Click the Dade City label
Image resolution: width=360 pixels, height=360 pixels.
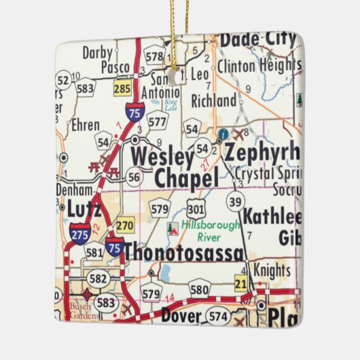point(257,40)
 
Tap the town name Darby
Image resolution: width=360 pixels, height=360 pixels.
point(97,52)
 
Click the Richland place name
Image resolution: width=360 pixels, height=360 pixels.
point(214,101)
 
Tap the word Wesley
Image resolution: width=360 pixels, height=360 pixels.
point(162,156)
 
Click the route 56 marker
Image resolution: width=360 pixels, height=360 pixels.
point(134,177)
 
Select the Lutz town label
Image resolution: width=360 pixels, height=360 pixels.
point(84,211)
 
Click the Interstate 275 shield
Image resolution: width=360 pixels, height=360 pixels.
point(79,232)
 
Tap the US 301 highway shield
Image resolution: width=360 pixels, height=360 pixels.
point(198,207)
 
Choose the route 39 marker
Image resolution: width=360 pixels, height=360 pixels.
point(236,201)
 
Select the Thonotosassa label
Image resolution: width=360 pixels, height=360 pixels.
point(183,252)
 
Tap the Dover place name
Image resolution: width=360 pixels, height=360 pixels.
point(181,316)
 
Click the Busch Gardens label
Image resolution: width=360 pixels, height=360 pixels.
point(83,310)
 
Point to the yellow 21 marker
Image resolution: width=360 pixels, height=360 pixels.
point(240,283)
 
